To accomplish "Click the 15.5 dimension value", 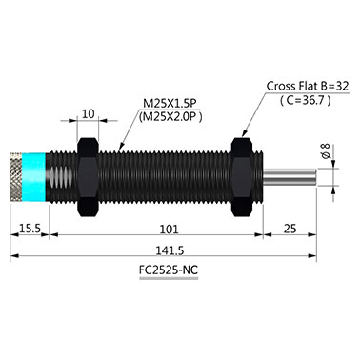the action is pyautogui.click(x=30, y=229).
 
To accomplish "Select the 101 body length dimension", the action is pyautogui.click(x=169, y=229).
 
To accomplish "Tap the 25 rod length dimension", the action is pyautogui.click(x=290, y=229).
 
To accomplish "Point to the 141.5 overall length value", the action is pyautogui.click(x=170, y=250).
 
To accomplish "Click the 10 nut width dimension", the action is pyautogui.click(x=89, y=113).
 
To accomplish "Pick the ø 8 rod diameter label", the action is pyautogui.click(x=326, y=151).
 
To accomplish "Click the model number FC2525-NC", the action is pyautogui.click(x=169, y=270).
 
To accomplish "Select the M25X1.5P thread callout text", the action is pyautogui.click(x=170, y=104).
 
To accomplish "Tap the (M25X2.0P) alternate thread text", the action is pyautogui.click(x=170, y=117).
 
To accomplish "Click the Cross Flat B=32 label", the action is pyautogui.click(x=308, y=86).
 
